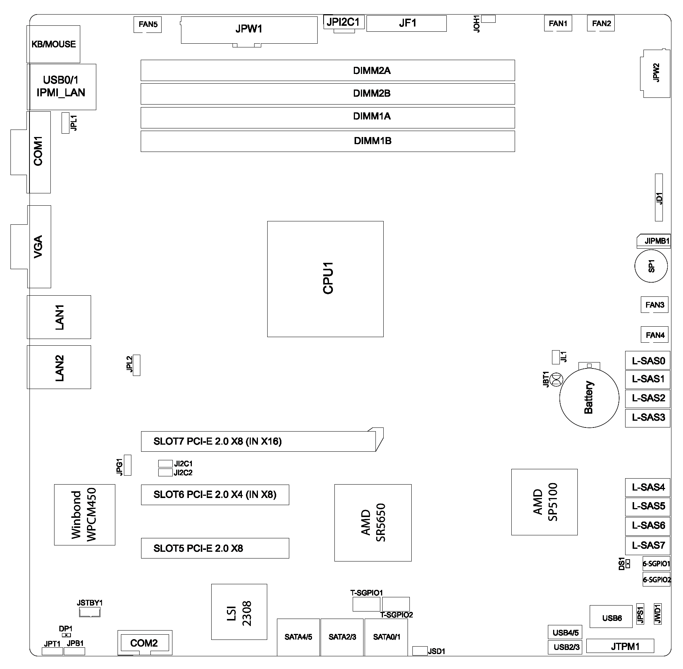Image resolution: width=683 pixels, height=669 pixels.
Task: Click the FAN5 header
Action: point(147,24)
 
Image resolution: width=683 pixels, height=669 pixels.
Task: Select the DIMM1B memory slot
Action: point(328,141)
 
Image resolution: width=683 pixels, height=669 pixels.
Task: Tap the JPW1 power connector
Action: point(249,30)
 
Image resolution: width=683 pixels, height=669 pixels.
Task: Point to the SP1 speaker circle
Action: point(651,266)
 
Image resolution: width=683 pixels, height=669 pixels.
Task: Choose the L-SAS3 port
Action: point(648,417)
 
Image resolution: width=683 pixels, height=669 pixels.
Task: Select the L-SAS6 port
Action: point(648,526)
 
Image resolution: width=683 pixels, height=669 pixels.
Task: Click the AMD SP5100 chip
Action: point(544,502)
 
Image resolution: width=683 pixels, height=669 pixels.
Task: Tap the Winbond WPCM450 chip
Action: point(84,514)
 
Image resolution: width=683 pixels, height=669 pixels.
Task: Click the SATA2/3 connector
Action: point(342,637)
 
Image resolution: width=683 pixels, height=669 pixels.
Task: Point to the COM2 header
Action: point(145,642)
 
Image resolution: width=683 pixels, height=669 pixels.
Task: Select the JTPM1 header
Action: point(620,646)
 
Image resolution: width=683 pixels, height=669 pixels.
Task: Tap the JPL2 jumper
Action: point(137,365)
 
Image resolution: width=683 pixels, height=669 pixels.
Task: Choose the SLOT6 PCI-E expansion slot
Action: point(215,495)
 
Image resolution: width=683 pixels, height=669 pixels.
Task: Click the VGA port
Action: point(39,246)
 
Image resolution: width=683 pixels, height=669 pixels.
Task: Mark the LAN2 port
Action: point(59,367)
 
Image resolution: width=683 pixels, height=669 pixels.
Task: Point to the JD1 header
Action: point(659,197)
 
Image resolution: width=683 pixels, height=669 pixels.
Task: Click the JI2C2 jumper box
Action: point(165,473)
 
